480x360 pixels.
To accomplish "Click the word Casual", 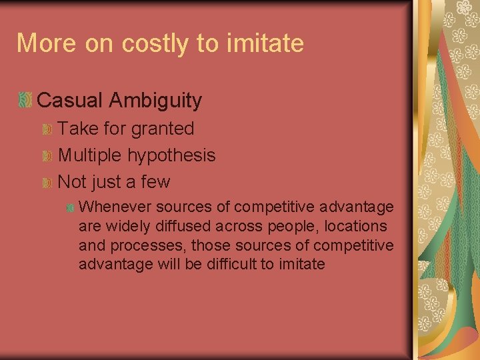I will click(70, 101).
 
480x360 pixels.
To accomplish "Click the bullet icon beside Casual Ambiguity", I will click(25, 101).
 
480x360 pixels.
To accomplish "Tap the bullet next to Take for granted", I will click(47, 129).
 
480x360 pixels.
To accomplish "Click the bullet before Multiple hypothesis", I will click(47, 155).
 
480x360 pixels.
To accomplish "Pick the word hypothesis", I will click(171, 155).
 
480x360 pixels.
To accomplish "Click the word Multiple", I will click(90, 155).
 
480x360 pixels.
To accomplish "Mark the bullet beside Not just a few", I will click(47, 182).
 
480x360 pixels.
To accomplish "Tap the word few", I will click(157, 182).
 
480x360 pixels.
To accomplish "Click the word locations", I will click(355, 227).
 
